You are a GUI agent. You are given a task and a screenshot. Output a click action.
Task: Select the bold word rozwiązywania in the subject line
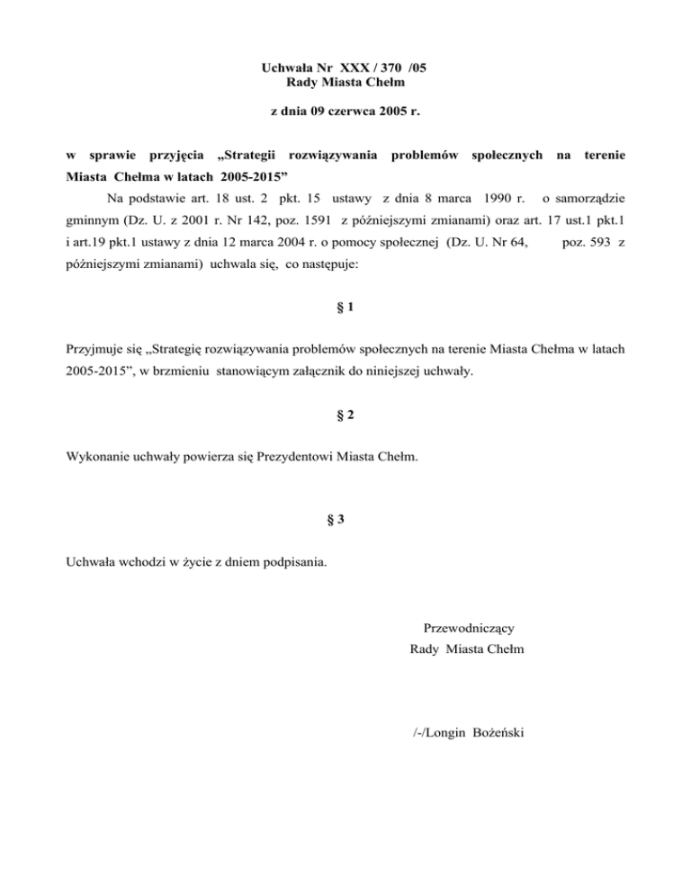click(x=331, y=156)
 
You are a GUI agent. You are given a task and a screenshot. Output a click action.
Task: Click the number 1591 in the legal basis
click(x=320, y=219)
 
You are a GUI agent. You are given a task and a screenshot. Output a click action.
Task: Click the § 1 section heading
click(x=345, y=308)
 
